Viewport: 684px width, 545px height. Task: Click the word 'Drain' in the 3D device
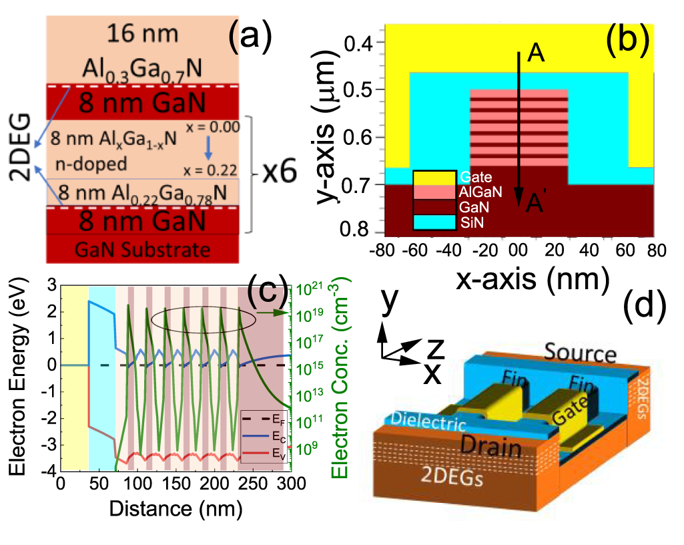pyautogui.click(x=490, y=448)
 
